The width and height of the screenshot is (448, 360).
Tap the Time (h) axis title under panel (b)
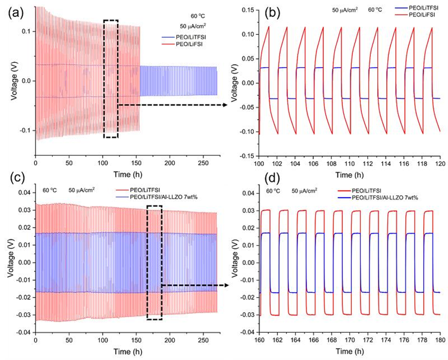pyautogui.click(x=350, y=175)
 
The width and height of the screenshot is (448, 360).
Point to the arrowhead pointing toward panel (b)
pyautogui.click(x=227, y=105)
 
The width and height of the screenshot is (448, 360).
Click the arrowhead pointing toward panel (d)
pyautogui.click(x=227, y=285)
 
